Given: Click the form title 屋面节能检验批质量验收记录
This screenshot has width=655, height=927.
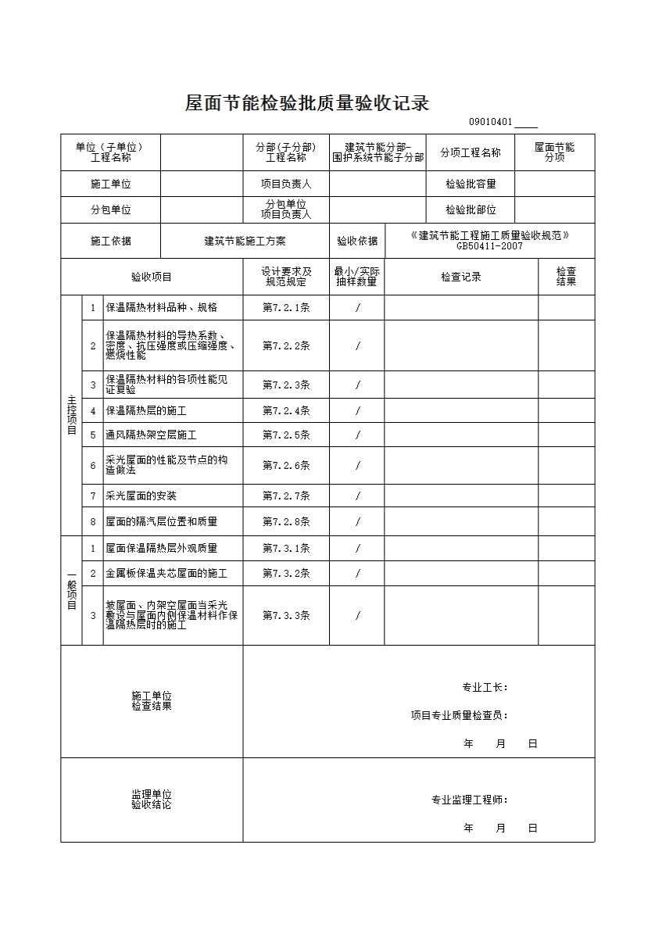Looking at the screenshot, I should click(x=307, y=103).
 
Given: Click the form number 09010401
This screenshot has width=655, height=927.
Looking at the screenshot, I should click(x=490, y=123).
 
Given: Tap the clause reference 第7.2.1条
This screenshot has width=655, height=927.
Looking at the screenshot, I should click(x=286, y=308).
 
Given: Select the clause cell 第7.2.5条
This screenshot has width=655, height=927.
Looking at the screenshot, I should click(x=286, y=435).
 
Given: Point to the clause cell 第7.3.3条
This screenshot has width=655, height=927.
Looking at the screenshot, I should click(x=286, y=616).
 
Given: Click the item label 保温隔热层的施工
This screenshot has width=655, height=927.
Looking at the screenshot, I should click(x=146, y=410).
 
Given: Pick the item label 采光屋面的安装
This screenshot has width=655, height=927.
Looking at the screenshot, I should click(x=141, y=496).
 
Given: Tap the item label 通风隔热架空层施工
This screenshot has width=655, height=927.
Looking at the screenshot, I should click(x=151, y=435).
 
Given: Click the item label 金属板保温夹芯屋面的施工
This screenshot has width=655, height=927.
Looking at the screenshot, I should click(x=166, y=574).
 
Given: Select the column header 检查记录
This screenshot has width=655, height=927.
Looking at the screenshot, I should click(x=460, y=277).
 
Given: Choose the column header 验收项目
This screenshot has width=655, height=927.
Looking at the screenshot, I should click(x=152, y=277).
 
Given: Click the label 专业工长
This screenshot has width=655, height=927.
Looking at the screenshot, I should click(x=485, y=688).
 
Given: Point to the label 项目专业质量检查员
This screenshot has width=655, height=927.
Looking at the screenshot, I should click(x=460, y=715).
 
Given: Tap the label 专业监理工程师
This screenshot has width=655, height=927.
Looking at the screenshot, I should click(x=470, y=800).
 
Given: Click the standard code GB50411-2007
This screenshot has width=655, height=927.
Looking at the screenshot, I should click(x=490, y=246).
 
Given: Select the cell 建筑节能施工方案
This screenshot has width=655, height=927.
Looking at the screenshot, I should click(x=245, y=242).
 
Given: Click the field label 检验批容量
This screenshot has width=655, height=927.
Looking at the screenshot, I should click(x=471, y=184).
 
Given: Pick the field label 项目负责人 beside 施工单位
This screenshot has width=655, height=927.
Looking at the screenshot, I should click(x=286, y=184).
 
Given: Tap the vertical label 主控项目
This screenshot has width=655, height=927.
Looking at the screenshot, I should click(x=71, y=414).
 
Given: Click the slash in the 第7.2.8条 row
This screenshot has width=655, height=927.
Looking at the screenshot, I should click(x=357, y=522).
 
